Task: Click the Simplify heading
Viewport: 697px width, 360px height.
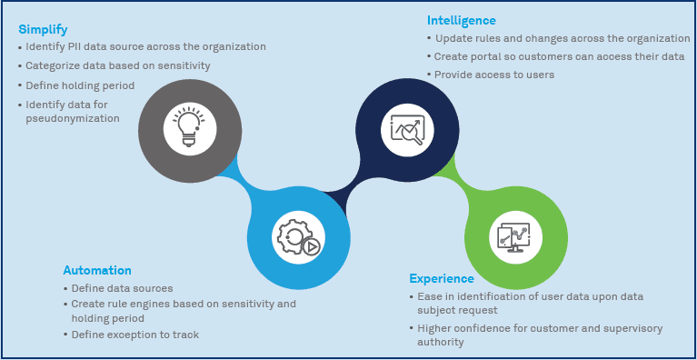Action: pos(43,30)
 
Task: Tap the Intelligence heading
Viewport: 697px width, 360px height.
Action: pos(462,20)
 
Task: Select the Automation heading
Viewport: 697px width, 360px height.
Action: pos(97,270)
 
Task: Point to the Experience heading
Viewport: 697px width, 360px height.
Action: pos(442,279)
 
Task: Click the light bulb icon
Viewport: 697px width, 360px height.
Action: pos(190,128)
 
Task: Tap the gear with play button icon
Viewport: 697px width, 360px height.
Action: pos(298,237)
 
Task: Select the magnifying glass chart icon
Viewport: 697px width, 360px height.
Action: pos(407,130)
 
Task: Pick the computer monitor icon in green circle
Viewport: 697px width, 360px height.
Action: pos(515,236)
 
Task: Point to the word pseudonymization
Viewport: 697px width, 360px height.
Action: pos(73,119)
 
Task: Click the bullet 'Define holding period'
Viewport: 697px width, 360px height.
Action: pos(76,85)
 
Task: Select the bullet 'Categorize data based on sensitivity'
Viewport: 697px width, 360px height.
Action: pos(115,65)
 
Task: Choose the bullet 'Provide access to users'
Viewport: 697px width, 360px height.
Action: pos(491,75)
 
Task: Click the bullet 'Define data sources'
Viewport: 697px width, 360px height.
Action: pos(118,288)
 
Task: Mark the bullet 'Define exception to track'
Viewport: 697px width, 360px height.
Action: pos(132,335)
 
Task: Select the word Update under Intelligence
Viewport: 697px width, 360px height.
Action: pos(451,39)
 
